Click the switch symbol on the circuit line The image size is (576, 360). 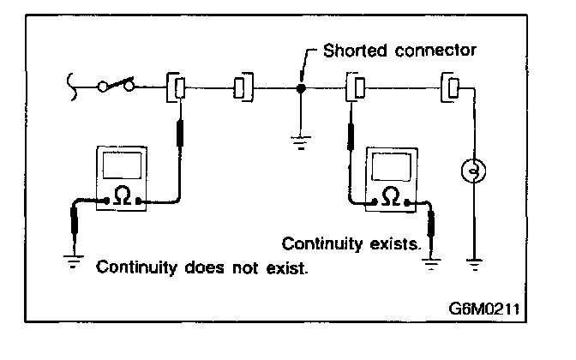pyautogui.click(x=116, y=85)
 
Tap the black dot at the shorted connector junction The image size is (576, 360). pyautogui.click(x=301, y=88)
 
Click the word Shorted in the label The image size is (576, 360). pyautogui.click(x=355, y=51)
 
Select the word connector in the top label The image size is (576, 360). pyautogui.click(x=435, y=51)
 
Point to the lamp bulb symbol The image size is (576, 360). pyautogui.click(x=473, y=171)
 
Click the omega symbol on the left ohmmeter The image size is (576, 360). pyautogui.click(x=123, y=195)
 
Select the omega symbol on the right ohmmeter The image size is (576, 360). pyautogui.click(x=391, y=197)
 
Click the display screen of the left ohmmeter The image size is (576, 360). pyautogui.click(x=123, y=165)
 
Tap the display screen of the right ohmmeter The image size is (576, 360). pyautogui.click(x=391, y=167)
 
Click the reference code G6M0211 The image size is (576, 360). pyautogui.click(x=484, y=309)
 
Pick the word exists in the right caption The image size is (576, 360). pyautogui.click(x=395, y=244)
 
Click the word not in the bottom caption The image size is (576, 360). pyautogui.click(x=245, y=267)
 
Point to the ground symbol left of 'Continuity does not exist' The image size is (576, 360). pyautogui.click(x=74, y=261)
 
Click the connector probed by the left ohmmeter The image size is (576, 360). pyautogui.click(x=176, y=87)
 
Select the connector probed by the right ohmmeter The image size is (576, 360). pyautogui.click(x=355, y=87)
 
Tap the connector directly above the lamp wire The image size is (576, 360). pyautogui.click(x=450, y=87)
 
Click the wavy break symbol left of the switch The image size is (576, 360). pyautogui.click(x=72, y=87)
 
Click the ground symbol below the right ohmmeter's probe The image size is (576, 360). pyautogui.click(x=431, y=264)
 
